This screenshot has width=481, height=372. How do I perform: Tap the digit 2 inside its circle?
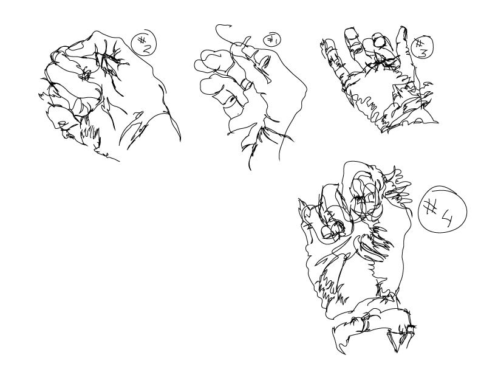click(145, 47)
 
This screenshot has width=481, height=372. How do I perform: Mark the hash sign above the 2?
click(142, 40)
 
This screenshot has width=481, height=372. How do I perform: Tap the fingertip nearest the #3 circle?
click(401, 30)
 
